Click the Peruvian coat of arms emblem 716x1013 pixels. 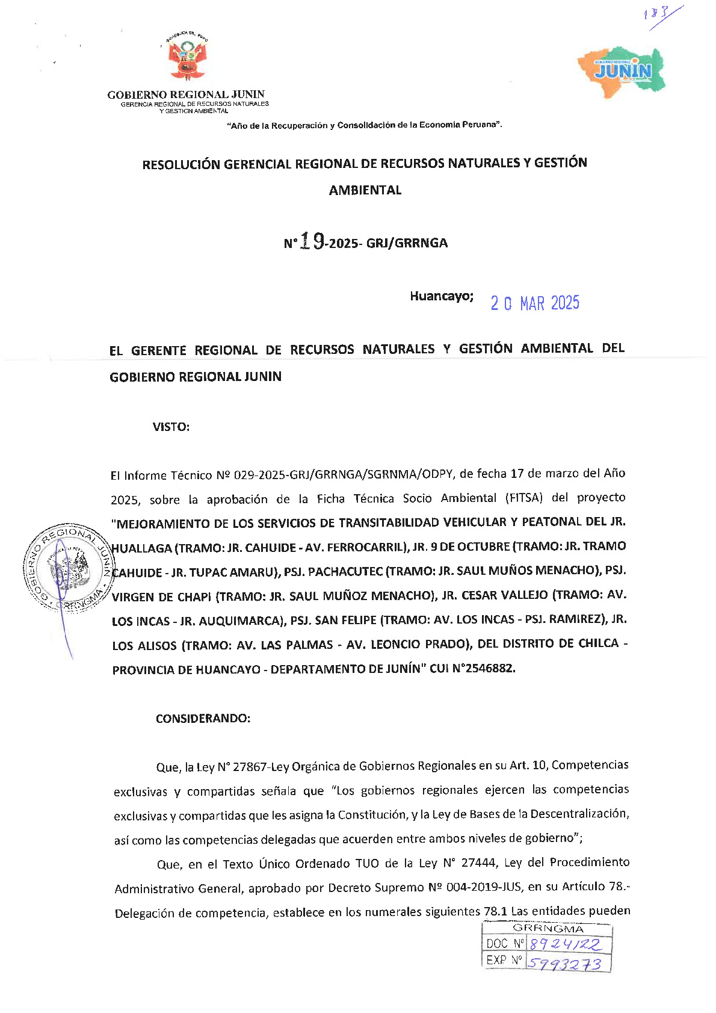click(x=187, y=58)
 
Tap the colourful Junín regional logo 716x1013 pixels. click(x=622, y=69)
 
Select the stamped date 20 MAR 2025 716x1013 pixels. click(x=534, y=303)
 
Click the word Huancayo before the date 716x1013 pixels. click(x=441, y=296)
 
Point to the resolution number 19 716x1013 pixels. click(x=313, y=241)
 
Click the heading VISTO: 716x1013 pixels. click(x=171, y=427)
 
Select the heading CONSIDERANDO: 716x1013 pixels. click(x=203, y=718)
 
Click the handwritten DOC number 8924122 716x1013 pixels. click(x=565, y=944)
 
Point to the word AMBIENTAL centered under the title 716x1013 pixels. click(x=365, y=190)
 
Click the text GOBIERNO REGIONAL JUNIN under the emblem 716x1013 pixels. click(x=186, y=94)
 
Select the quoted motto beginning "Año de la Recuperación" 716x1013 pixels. click(x=364, y=125)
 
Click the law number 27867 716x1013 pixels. click(x=250, y=767)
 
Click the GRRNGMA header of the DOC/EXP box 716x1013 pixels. click(x=548, y=929)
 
